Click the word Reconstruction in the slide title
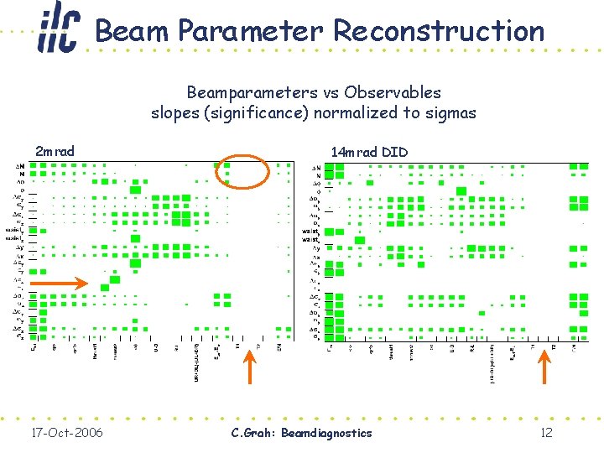(x=439, y=31)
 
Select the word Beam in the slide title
(x=133, y=31)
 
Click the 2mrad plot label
(x=55, y=152)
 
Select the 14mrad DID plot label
(x=369, y=152)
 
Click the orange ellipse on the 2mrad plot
(x=242, y=173)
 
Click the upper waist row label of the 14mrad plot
(x=311, y=231)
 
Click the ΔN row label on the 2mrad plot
(x=19, y=166)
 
